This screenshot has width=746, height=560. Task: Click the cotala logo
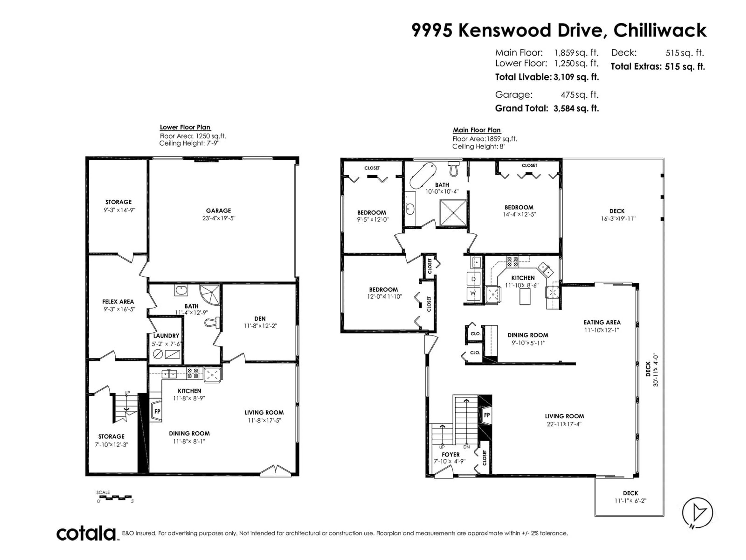click(86, 534)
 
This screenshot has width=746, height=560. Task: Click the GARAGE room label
click(219, 210)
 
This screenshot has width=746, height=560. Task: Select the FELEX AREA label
click(118, 301)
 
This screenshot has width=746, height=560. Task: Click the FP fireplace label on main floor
click(487, 415)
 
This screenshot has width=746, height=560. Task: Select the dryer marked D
click(473, 279)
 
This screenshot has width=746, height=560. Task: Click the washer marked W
click(473, 294)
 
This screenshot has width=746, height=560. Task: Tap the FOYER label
click(451, 455)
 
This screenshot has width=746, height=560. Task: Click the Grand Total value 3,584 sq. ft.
click(576, 108)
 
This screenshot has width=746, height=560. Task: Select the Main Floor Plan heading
click(477, 130)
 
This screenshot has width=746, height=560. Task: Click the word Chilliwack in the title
click(660, 30)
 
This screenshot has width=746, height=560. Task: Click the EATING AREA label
click(602, 322)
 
